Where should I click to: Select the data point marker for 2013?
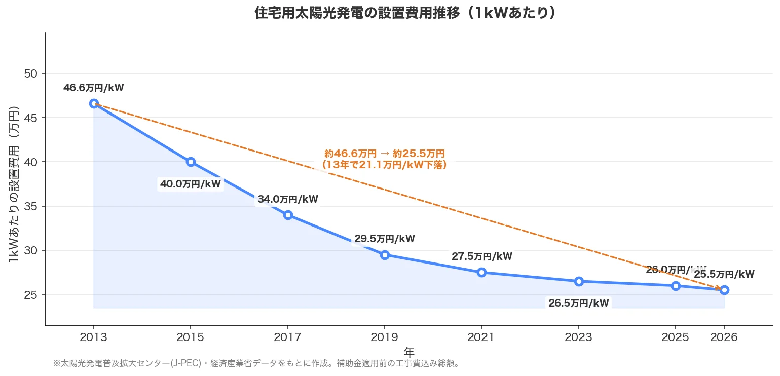(x=94, y=103)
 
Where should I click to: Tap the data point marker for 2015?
(x=191, y=162)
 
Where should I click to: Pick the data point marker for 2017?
(x=288, y=215)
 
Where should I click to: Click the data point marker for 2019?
(x=385, y=255)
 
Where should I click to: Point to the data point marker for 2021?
(x=481, y=273)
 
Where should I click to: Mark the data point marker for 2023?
(x=579, y=281)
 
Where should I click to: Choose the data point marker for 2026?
(x=724, y=290)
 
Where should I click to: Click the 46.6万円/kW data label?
(x=94, y=88)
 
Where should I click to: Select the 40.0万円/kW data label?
(x=191, y=184)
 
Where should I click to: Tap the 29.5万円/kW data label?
(x=385, y=239)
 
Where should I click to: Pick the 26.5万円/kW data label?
(x=579, y=304)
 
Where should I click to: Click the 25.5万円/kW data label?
(x=724, y=275)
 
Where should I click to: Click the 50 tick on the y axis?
(x=31, y=73)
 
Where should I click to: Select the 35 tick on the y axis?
(x=31, y=206)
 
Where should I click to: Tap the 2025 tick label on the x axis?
(x=676, y=337)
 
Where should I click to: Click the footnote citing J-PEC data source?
(x=256, y=364)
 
